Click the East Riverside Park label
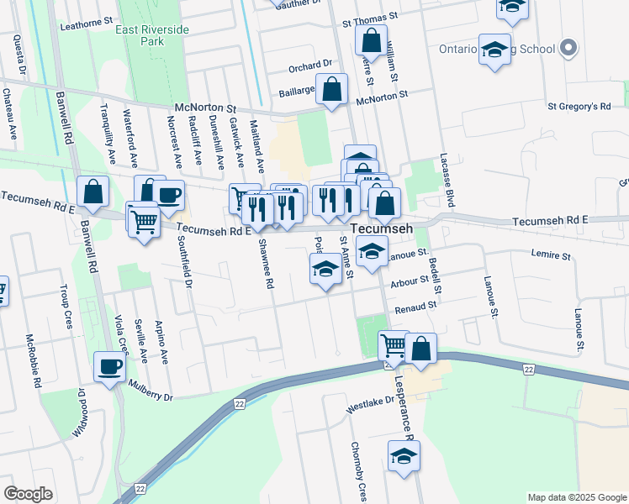click(x=153, y=34)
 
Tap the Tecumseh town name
click(x=381, y=229)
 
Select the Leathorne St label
click(x=87, y=24)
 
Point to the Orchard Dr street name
click(x=311, y=66)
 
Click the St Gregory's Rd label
click(x=579, y=107)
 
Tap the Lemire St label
click(x=551, y=254)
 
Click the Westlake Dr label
click(x=371, y=406)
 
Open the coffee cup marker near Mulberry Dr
click(x=111, y=367)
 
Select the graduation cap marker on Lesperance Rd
click(x=404, y=456)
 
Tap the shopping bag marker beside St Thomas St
click(x=371, y=39)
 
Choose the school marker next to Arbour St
click(x=325, y=270)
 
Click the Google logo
click(x=28, y=494)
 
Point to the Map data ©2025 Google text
click(x=575, y=497)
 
